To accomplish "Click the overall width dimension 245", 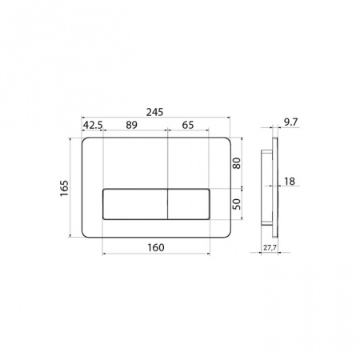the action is [x=154, y=112].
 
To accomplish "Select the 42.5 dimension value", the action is [x=93, y=125].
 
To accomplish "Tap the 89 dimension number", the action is [x=132, y=125].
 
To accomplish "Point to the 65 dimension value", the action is [x=188, y=125].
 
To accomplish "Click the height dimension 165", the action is [x=64, y=188].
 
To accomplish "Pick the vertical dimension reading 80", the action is [x=237, y=163].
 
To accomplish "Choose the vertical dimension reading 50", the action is [x=237, y=204].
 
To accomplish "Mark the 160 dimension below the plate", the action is [x=156, y=248].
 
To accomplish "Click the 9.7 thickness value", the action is [x=290, y=122].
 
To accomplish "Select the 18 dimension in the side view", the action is [x=290, y=182].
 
